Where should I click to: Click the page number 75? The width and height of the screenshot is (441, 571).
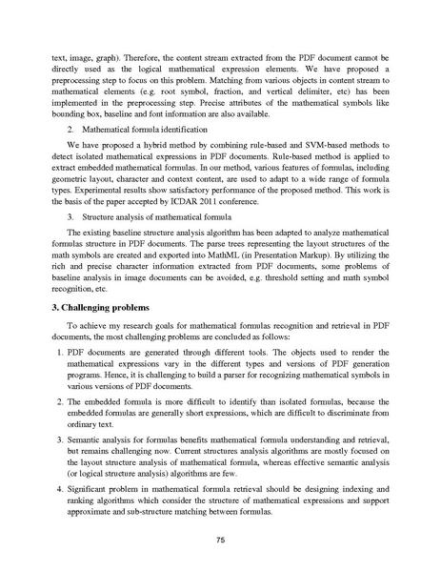(220, 540)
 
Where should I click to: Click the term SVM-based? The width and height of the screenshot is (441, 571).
(315, 152)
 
